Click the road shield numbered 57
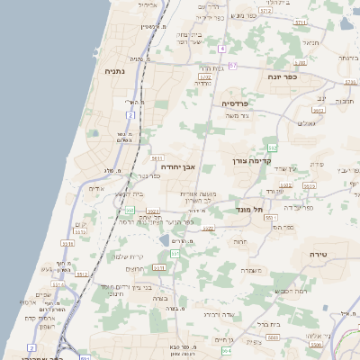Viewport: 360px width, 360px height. [233, 66]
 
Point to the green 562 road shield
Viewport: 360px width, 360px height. [273, 147]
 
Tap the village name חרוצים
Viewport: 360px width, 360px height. [133, 268]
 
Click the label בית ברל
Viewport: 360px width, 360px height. [269, 323]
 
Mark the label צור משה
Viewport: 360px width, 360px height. [237, 117]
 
